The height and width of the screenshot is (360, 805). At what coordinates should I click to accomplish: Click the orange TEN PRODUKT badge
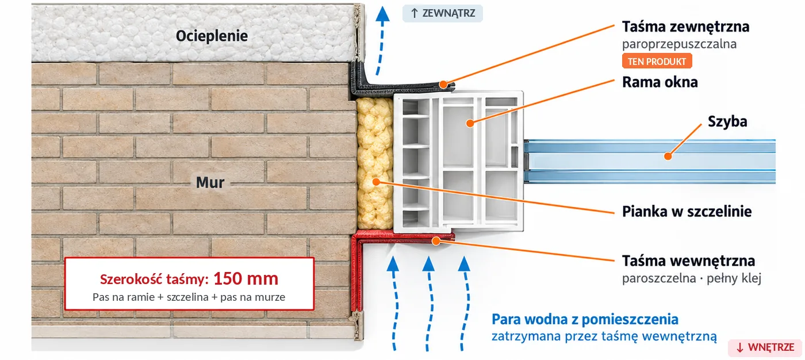pyautogui.click(x=657, y=61)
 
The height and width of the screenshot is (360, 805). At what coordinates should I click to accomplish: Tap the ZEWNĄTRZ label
pyautogui.click(x=442, y=13)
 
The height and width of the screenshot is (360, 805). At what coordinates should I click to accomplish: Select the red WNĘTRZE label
pyautogui.click(x=765, y=347)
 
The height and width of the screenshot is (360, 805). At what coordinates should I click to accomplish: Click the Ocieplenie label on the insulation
pyautogui.click(x=212, y=36)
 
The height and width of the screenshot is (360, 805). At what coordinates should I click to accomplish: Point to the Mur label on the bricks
pyautogui.click(x=210, y=182)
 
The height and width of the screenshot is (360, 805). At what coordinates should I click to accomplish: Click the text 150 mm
pyautogui.click(x=246, y=278)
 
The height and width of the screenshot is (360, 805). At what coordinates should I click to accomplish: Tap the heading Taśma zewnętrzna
pyautogui.click(x=685, y=26)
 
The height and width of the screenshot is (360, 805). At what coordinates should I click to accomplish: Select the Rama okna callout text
pyautogui.click(x=660, y=82)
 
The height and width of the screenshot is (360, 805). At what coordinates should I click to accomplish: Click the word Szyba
pyautogui.click(x=727, y=121)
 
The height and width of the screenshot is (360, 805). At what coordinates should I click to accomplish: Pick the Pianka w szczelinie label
pyautogui.click(x=687, y=212)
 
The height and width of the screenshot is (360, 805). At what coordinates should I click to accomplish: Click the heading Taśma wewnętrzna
pyautogui.click(x=689, y=261)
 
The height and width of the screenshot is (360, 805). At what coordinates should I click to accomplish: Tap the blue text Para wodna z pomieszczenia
pyautogui.click(x=585, y=319)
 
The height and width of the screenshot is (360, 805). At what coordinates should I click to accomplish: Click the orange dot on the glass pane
pyautogui.click(x=668, y=156)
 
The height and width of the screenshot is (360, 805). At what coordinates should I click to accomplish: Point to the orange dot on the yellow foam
pyautogui.click(x=376, y=182)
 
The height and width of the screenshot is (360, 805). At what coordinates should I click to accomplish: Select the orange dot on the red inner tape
pyautogui.click(x=436, y=241)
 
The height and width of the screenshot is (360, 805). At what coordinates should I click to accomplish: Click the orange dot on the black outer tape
pyautogui.click(x=443, y=85)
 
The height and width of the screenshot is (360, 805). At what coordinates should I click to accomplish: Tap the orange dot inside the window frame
pyautogui.click(x=470, y=123)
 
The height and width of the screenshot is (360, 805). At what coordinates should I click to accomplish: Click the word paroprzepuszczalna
pyautogui.click(x=679, y=44)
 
